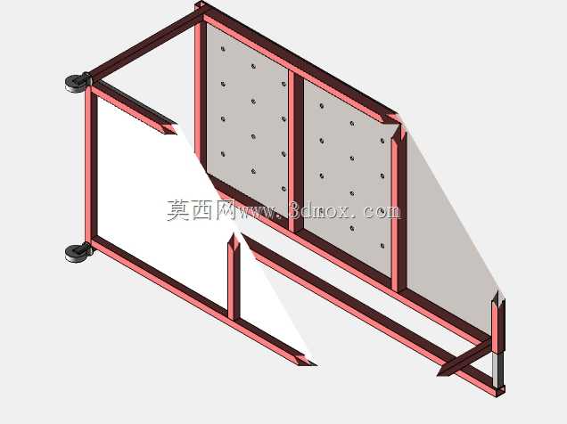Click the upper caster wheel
click(78, 83)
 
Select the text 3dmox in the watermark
click(320, 210)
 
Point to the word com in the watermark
click(383, 211)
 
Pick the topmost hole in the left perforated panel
click(223, 48)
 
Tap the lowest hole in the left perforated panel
click(283, 189)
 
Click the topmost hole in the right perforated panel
click(322, 106)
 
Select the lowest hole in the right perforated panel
click(382, 246)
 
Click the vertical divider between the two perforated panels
click(296, 151)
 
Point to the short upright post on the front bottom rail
click(234, 277)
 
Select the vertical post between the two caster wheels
click(91, 167)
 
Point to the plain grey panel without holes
click(448, 231)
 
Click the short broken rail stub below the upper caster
click(133, 109)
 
